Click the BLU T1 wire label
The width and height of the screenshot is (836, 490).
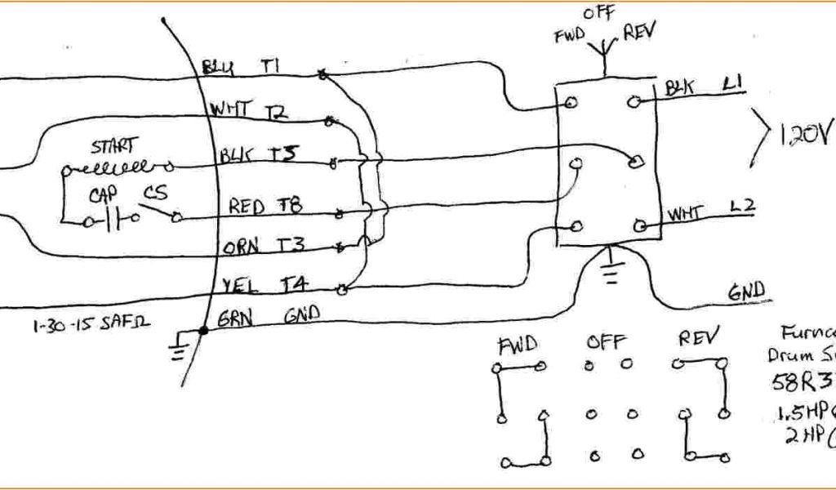(x=241, y=68)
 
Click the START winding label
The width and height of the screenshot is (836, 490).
(x=114, y=148)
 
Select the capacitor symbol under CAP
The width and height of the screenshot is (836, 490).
(x=115, y=219)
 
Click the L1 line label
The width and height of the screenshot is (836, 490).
(x=732, y=83)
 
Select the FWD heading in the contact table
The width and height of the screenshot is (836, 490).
(x=518, y=345)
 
